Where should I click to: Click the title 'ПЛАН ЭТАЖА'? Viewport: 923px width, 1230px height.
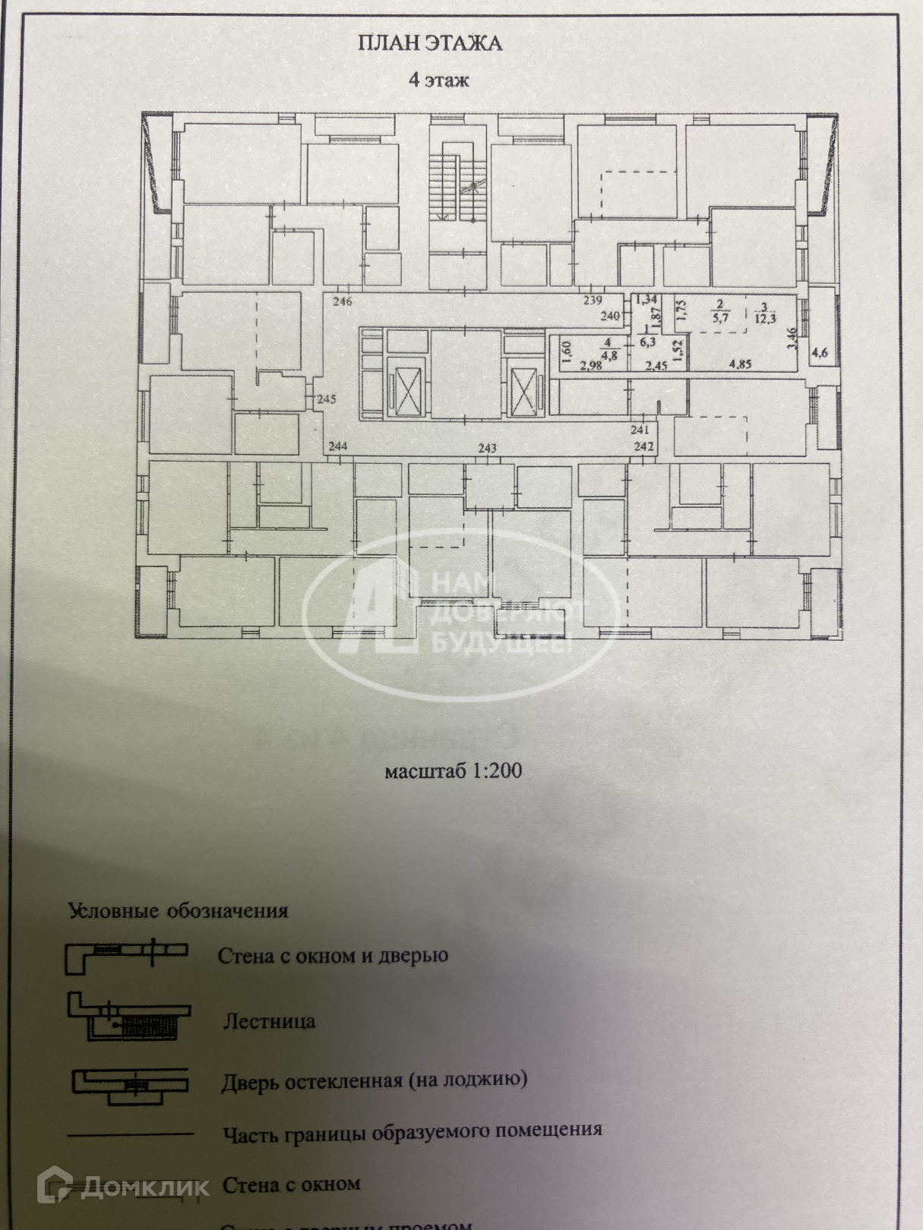[x=429, y=43]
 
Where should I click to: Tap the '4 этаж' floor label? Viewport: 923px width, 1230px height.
[x=438, y=80]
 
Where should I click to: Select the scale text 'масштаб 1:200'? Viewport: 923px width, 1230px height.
[x=454, y=771]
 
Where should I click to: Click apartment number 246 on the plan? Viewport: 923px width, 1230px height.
[x=342, y=301]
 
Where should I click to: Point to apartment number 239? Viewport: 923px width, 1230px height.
[x=593, y=301]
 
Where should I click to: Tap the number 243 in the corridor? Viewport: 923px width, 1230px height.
[x=487, y=448]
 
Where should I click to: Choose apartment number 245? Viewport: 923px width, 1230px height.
[x=327, y=399]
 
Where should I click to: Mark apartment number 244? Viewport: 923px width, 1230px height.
[x=337, y=446]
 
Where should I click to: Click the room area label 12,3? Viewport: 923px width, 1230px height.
[x=765, y=318]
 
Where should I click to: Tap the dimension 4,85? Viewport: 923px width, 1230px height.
[x=740, y=364]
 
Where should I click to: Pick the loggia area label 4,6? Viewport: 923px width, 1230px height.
[x=820, y=352]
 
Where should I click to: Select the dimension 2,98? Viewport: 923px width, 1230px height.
[x=590, y=366]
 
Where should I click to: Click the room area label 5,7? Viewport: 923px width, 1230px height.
[x=720, y=317]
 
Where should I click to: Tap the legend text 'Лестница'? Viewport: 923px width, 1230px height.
[x=269, y=1021]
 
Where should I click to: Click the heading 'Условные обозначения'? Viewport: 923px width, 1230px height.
[x=179, y=910]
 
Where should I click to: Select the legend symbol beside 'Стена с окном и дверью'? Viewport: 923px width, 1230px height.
[x=126, y=955]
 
